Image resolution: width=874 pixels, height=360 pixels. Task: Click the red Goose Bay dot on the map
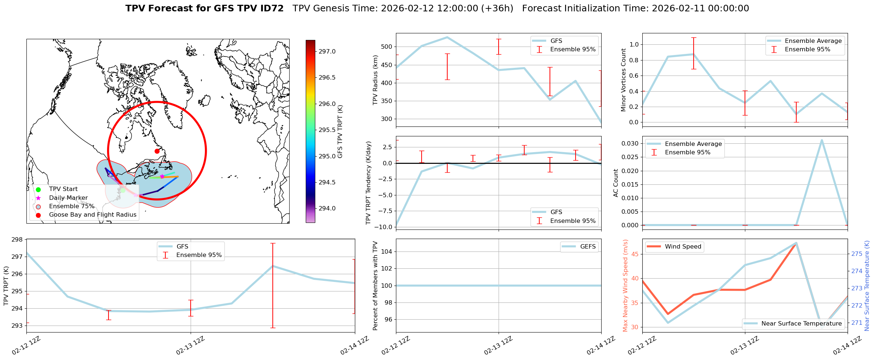157,151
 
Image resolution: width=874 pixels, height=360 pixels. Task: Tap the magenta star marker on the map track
162,176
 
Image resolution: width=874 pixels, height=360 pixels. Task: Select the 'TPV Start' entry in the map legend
63,189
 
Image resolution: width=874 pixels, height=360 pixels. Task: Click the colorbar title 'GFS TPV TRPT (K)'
340,132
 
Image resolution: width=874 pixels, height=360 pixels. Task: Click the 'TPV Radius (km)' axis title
375,80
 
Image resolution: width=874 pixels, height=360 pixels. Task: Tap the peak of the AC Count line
822,140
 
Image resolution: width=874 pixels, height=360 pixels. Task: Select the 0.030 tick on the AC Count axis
631,143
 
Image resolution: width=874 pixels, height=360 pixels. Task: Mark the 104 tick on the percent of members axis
387,251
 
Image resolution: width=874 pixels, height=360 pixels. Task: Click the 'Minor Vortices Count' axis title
623,80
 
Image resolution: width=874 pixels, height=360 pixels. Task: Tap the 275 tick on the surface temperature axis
856,254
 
